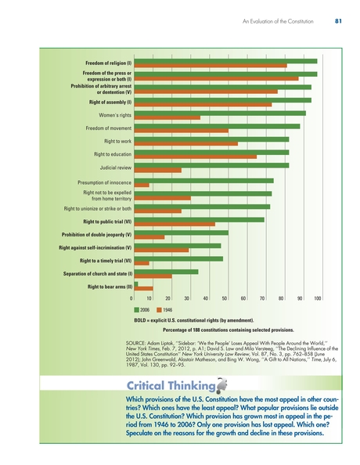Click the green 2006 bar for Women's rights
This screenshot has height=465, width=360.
pos(220,114)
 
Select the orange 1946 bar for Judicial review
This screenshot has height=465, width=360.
pos(158,170)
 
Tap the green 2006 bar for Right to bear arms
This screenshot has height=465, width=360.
pos(136,284)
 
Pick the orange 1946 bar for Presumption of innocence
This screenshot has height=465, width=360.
pos(142,185)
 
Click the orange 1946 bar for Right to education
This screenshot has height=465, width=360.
pos(196,157)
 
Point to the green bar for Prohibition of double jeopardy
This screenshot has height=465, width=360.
pos(182,232)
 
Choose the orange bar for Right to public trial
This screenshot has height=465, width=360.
pos(175,224)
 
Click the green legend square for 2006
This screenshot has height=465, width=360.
pos(136,310)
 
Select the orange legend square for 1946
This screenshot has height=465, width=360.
pos(159,310)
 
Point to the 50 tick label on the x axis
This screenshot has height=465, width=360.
pos(225,298)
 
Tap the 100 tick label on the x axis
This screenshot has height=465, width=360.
pos(317,298)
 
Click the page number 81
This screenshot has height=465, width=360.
pos(338,21)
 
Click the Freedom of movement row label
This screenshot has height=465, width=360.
pos(109,128)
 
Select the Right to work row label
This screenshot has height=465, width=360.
pos(117,141)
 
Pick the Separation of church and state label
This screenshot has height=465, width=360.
pos(98,274)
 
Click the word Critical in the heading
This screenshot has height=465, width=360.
pos(146,385)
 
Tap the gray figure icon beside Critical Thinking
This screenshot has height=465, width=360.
pos(221,384)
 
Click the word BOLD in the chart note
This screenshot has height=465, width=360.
pos(140,320)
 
